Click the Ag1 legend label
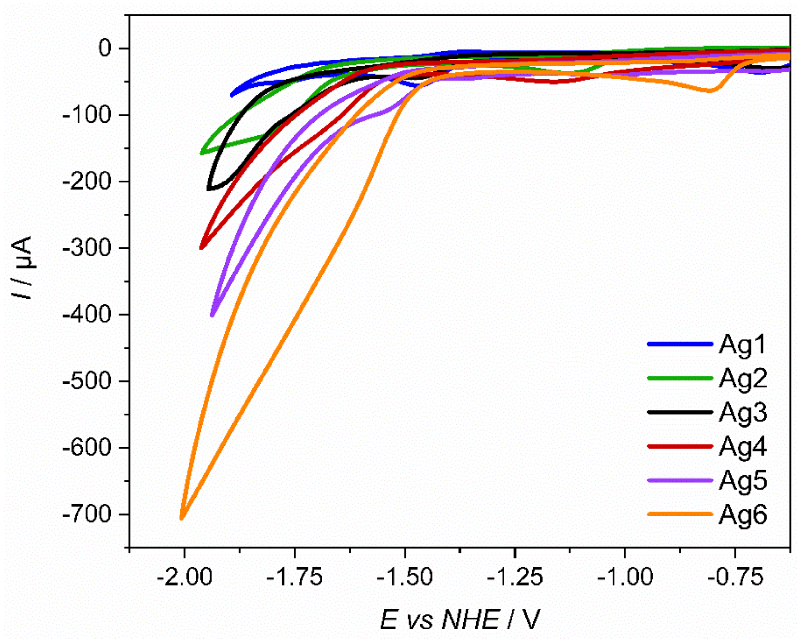click(743, 344)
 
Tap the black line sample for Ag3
click(680, 413)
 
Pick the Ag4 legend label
click(743, 447)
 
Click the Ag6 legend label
click(743, 515)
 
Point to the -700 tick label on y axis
click(87, 515)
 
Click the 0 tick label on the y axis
click(105, 49)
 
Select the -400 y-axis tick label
click(87, 315)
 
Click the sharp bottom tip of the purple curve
click(212, 316)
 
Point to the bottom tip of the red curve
click(201, 248)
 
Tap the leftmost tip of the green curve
click(201, 153)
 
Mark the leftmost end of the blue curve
click(232, 95)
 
